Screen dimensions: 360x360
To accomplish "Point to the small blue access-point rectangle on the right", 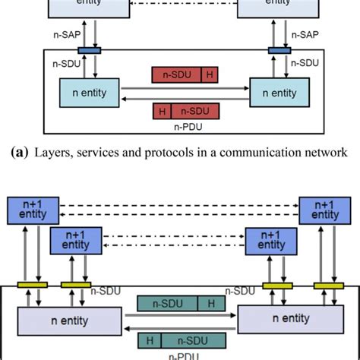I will (276, 51).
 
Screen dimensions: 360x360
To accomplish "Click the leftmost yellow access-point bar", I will (36, 286).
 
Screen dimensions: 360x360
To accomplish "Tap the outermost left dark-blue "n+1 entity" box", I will (27, 210).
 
